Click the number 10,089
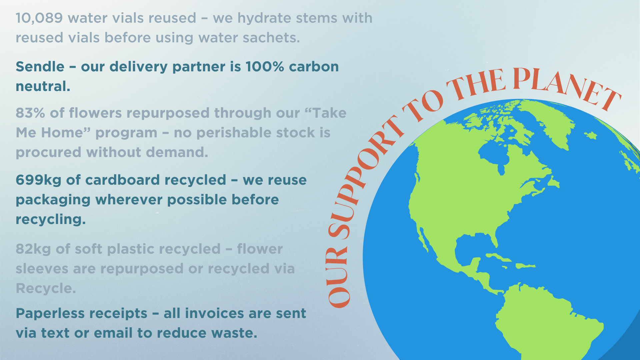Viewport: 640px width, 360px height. pos(39,18)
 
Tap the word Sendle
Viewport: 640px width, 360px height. pos(40,67)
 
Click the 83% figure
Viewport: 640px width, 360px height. pos(30,113)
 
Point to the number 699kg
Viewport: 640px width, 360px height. pos(38,180)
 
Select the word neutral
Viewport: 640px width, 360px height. pos(43,86)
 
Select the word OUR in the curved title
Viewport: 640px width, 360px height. pos(338,277)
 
